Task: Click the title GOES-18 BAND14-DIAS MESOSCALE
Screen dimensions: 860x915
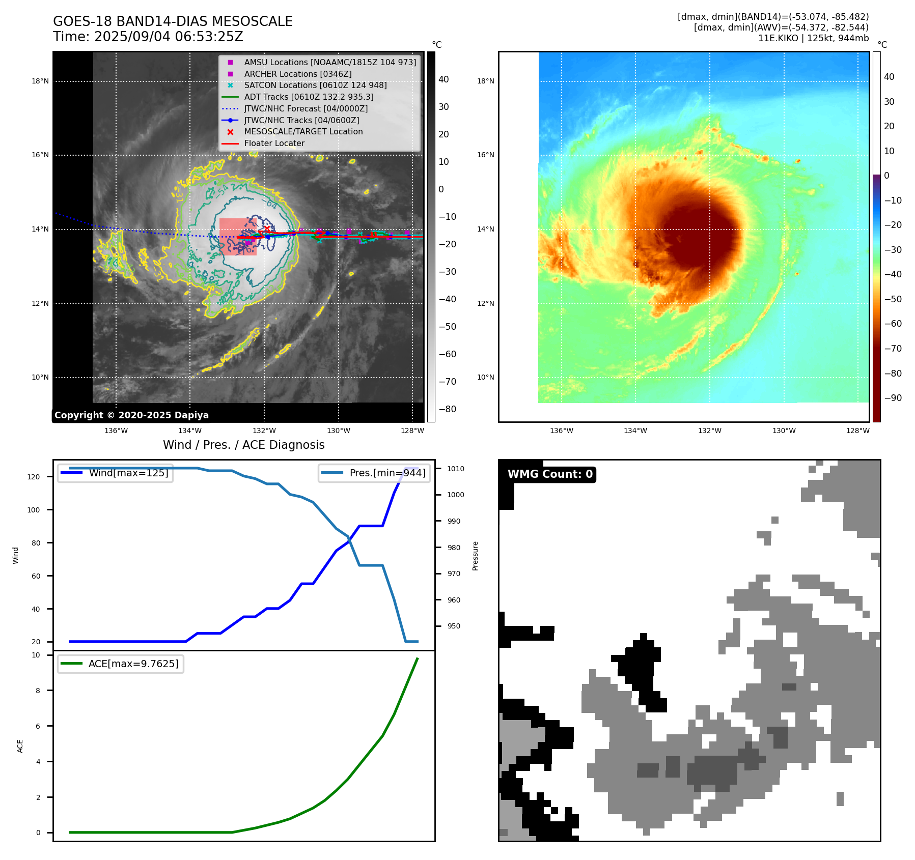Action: click(173, 21)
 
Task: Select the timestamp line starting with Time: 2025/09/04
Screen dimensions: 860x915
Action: click(148, 37)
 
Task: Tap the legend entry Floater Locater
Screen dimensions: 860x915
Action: click(274, 144)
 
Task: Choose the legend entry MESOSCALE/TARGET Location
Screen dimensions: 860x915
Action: click(303, 132)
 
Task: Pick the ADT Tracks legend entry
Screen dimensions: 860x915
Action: click(309, 97)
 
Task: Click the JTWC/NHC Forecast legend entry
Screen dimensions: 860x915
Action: click(306, 108)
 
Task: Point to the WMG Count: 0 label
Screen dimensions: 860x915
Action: click(550, 474)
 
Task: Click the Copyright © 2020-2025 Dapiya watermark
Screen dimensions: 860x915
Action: click(131, 415)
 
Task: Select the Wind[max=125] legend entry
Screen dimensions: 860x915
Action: click(128, 473)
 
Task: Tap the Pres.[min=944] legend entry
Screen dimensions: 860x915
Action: click(387, 473)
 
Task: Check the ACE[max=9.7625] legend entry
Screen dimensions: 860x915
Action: click(133, 664)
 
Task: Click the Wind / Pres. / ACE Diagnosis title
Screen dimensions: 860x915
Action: click(243, 445)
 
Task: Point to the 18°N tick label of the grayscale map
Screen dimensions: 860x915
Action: click(40, 81)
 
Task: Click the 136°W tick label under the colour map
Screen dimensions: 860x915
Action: click(561, 431)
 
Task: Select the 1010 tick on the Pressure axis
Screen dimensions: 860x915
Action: click(456, 469)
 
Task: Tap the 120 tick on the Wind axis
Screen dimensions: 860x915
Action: click(33, 477)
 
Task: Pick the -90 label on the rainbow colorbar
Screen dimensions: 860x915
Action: click(893, 398)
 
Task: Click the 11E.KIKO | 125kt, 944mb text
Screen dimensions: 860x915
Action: click(813, 38)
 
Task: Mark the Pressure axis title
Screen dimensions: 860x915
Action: click(475, 556)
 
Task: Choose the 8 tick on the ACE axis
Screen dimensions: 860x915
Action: click(38, 691)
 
